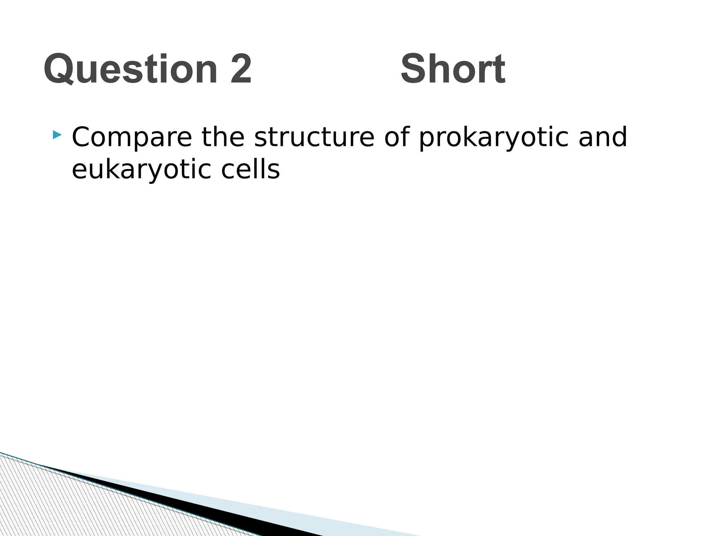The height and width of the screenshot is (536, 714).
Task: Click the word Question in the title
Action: coord(131,69)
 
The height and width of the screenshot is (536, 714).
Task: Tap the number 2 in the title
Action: coord(241,69)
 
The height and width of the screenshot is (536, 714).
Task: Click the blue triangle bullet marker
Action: coord(57,135)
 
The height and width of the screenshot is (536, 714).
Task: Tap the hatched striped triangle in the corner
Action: coord(52,502)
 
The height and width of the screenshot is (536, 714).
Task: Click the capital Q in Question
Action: coord(58,69)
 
